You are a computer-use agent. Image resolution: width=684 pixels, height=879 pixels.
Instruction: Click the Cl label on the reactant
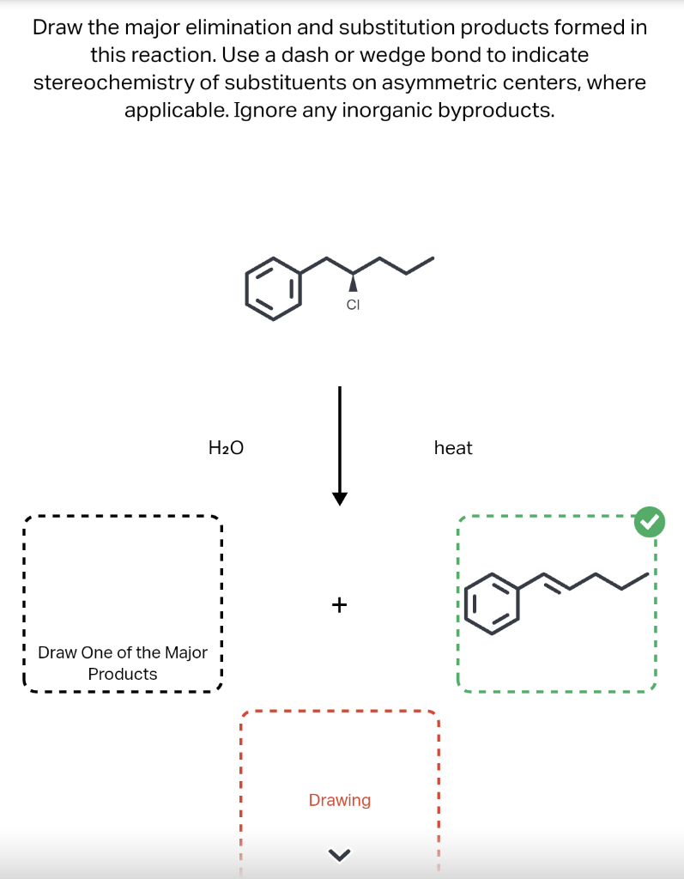[x=352, y=304]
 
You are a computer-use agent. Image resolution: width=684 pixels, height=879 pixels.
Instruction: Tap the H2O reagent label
[x=227, y=447]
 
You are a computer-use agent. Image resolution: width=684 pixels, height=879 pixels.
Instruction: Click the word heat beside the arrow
[x=453, y=447]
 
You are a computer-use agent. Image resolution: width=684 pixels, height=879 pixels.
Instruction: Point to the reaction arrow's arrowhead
[x=340, y=499]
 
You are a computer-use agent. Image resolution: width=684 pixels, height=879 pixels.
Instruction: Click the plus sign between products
[x=339, y=605]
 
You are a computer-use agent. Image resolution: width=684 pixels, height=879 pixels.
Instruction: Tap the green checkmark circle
[x=650, y=520]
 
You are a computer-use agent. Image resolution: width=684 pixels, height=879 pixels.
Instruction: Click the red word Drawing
[x=340, y=800]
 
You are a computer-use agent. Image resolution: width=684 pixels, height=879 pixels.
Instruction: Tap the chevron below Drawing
[x=340, y=852]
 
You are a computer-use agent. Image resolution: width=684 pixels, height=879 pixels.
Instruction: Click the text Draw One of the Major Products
[x=123, y=663]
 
